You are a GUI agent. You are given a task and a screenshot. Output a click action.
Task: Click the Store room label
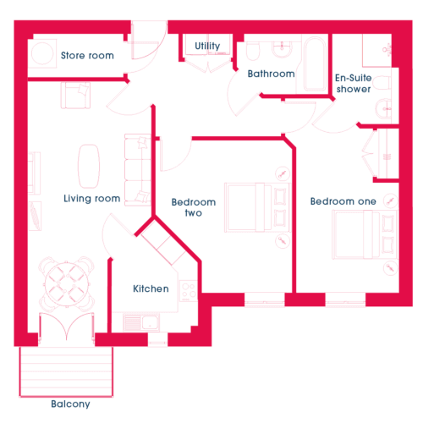(87, 56)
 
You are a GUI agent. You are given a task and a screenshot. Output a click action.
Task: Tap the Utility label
(207, 46)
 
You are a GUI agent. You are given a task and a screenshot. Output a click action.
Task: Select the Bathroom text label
(272, 74)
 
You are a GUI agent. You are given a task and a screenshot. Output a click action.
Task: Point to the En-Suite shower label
(354, 84)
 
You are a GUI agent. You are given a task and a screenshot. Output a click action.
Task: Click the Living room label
(92, 199)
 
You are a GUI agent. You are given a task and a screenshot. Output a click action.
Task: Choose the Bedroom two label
(194, 207)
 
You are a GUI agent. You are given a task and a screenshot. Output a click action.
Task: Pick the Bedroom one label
(343, 201)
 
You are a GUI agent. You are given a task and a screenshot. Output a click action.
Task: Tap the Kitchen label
(151, 288)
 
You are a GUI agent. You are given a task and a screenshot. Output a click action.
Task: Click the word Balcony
(70, 404)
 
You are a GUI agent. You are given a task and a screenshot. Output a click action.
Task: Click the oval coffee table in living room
(89, 167)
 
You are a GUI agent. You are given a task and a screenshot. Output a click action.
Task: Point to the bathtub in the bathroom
(315, 64)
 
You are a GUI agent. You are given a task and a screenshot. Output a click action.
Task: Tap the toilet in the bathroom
(253, 51)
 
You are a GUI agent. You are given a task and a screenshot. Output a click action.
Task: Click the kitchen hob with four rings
(189, 291)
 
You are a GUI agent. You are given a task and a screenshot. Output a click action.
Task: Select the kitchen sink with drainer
(141, 322)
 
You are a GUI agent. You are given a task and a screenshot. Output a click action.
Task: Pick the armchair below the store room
(75, 96)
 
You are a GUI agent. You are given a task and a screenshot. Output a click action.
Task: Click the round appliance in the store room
(42, 53)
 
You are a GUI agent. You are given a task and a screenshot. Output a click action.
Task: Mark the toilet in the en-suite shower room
(382, 83)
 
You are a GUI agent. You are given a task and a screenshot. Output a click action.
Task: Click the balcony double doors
(67, 327)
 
